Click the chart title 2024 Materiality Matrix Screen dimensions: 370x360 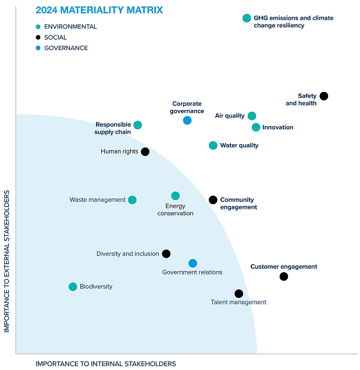click(x=99, y=10)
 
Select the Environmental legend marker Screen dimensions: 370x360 click(x=38, y=27)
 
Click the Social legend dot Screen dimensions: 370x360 click(x=38, y=37)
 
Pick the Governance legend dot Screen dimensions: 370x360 click(x=38, y=48)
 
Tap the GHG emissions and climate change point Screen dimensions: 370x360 click(x=247, y=19)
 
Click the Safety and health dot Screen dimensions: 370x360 click(x=324, y=96)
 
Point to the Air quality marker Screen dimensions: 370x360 click(x=252, y=116)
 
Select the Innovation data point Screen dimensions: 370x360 click(x=256, y=127)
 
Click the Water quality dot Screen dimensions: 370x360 click(x=213, y=145)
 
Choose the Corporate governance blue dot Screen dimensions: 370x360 click(x=187, y=120)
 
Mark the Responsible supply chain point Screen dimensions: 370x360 click(x=138, y=125)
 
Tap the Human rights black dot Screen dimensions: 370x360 click(x=145, y=152)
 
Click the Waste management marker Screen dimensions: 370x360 click(x=132, y=200)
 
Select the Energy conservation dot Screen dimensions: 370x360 click(x=176, y=196)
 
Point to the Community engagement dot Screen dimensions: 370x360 click(x=213, y=200)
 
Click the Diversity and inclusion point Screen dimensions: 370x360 click(x=166, y=254)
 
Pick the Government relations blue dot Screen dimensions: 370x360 click(x=193, y=264)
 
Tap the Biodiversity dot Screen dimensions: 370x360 click(x=73, y=287)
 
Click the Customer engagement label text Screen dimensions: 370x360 click(x=284, y=267)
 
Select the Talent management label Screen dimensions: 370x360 click(x=238, y=303)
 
